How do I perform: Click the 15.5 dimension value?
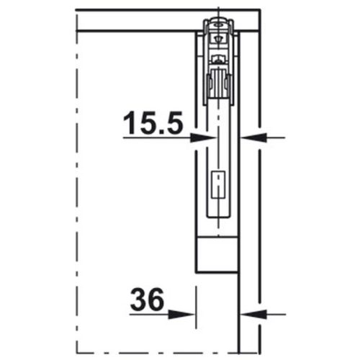pos(152,124)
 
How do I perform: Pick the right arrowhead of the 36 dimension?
pos(249,313)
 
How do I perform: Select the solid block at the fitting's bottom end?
pos(219,253)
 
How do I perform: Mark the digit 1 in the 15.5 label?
pos(128,124)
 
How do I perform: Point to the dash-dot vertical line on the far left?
pos(76,180)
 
